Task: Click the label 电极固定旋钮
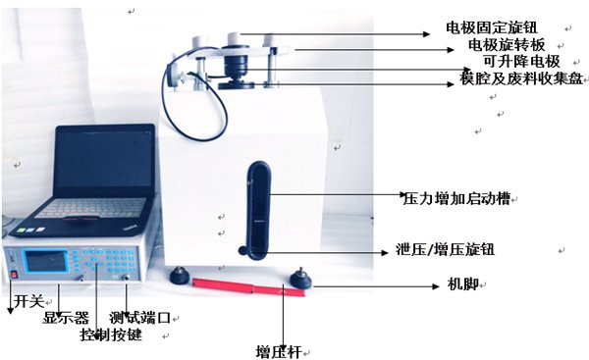491,27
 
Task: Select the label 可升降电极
521,61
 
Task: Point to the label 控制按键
111,334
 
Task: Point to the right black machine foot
299,281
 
